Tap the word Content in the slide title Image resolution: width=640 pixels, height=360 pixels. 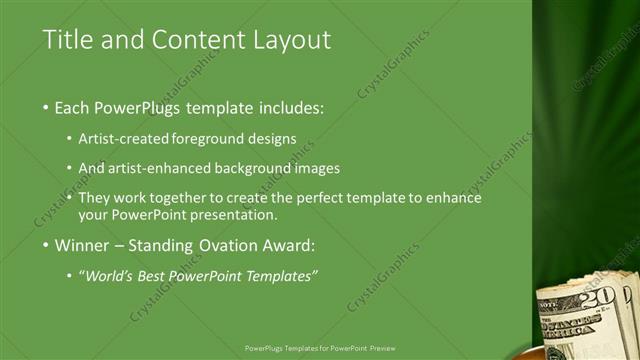point(186,40)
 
